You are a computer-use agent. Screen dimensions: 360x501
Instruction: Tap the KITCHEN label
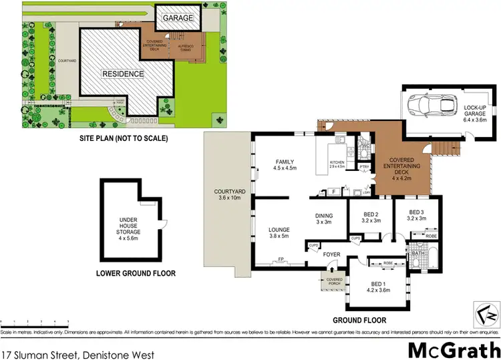click(336, 163)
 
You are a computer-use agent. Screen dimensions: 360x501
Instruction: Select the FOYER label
click(332, 254)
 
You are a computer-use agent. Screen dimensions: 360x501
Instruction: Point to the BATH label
click(418, 254)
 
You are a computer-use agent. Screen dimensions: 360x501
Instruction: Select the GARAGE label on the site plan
click(178, 18)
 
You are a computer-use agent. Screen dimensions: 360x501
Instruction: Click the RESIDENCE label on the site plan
click(122, 73)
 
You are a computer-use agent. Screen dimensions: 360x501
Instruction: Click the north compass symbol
click(486, 311)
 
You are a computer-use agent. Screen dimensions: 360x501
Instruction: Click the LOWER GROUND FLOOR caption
click(136, 273)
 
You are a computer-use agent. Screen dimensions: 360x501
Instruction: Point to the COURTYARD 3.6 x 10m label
click(228, 194)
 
